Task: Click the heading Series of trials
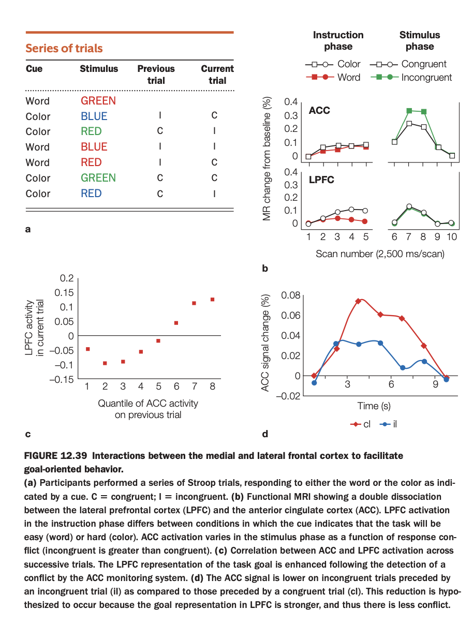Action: click(x=64, y=49)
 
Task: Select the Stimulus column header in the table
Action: click(x=99, y=69)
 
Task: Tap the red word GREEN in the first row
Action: click(x=98, y=101)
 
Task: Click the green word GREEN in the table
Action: click(x=98, y=178)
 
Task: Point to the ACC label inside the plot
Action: click(x=319, y=111)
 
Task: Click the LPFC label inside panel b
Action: click(x=321, y=180)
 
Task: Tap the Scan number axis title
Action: click(x=380, y=254)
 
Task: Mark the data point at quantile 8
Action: click(x=212, y=300)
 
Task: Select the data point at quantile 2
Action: click(x=105, y=363)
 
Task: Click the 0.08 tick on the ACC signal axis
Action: click(x=290, y=295)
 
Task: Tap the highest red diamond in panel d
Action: click(x=358, y=301)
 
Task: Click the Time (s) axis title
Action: click(x=374, y=406)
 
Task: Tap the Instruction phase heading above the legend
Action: click(x=338, y=40)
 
